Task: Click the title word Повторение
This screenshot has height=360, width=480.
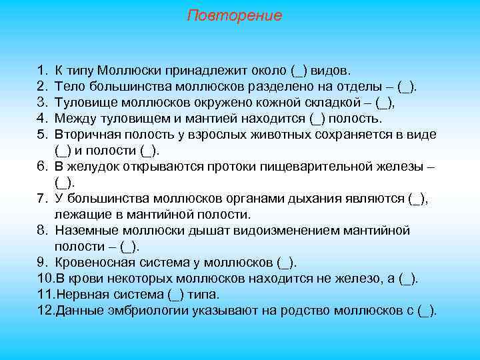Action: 234,15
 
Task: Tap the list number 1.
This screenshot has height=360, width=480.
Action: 42,70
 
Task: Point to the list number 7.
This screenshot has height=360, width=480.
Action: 42,198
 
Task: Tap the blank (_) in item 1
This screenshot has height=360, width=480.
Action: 297,70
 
